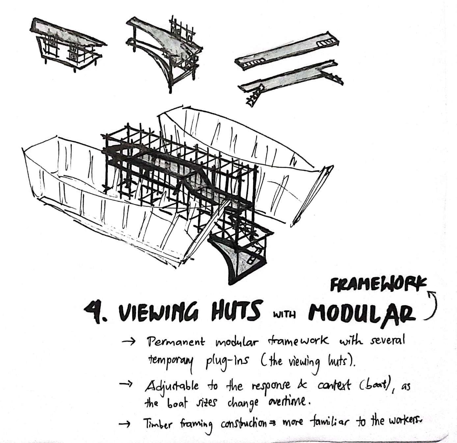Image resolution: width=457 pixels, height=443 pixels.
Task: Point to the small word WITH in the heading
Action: (283, 314)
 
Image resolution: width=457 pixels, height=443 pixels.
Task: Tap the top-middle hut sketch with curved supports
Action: (165, 49)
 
